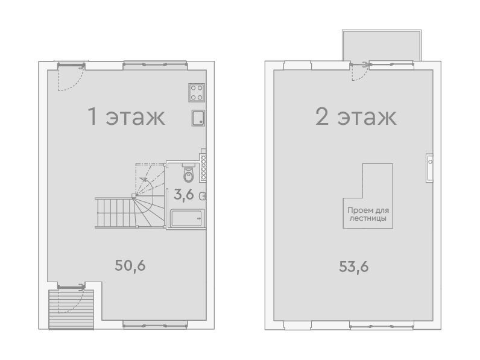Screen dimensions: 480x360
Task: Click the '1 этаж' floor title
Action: [x=127, y=116]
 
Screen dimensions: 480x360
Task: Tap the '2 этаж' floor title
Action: [x=356, y=116]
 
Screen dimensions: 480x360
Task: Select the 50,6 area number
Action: [x=130, y=265]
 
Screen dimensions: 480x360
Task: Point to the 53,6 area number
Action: [x=353, y=267]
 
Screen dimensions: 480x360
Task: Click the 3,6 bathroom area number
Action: [x=184, y=194]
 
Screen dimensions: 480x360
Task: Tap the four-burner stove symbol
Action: [x=197, y=93]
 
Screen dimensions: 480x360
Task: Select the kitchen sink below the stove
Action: [x=198, y=118]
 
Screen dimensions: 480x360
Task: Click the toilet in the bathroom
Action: [x=188, y=174]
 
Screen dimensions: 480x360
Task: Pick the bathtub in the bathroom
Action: [x=186, y=218]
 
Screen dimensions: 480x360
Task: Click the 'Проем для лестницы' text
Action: [x=368, y=214]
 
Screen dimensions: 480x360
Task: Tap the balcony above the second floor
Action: [x=382, y=45]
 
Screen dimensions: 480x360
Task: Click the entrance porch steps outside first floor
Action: [x=71, y=309]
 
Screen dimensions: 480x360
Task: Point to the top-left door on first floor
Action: [x=71, y=77]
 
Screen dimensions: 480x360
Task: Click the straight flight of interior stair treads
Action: [x=115, y=213]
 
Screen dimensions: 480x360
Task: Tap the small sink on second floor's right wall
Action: [x=429, y=168]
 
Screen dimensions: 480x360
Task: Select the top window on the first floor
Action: [x=155, y=65]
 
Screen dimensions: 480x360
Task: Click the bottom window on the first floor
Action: [x=155, y=325]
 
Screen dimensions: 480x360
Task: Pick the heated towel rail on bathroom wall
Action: [x=203, y=168]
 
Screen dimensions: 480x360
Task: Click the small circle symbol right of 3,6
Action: [x=203, y=196]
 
